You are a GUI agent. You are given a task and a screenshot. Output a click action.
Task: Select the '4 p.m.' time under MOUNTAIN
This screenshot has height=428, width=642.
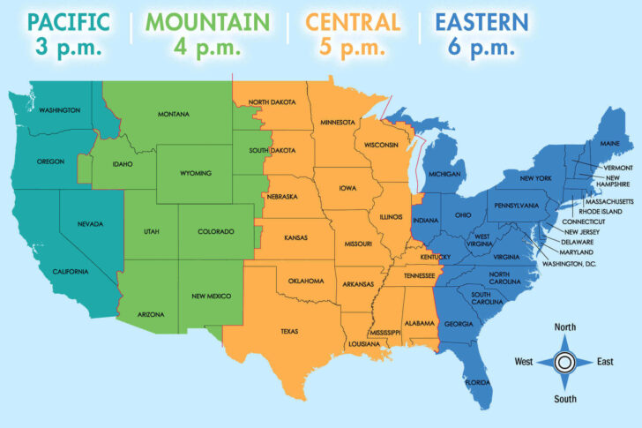[x=208, y=46]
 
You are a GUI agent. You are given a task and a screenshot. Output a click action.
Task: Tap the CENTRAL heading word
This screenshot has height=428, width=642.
[x=354, y=20]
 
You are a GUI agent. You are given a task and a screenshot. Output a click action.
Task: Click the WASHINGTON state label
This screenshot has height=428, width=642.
[x=60, y=110]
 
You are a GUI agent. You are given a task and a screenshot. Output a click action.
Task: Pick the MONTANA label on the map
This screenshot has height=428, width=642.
[x=174, y=115]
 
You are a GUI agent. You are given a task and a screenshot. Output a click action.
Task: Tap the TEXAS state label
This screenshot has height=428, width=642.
[x=289, y=332]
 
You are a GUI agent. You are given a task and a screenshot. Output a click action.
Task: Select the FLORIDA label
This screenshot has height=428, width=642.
[x=479, y=383]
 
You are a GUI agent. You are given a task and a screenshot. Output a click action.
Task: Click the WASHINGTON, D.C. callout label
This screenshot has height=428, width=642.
[x=569, y=263]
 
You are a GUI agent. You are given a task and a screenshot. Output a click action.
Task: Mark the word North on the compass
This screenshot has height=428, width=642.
[x=564, y=327]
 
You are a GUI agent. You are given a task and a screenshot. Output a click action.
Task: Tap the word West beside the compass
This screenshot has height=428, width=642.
[x=524, y=362]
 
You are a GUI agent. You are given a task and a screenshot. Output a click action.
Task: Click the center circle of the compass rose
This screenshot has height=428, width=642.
[x=564, y=362]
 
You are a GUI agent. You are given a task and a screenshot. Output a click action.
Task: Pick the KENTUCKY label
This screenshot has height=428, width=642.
[x=436, y=257]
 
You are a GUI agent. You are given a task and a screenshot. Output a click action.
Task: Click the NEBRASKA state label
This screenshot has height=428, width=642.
[x=283, y=197]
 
